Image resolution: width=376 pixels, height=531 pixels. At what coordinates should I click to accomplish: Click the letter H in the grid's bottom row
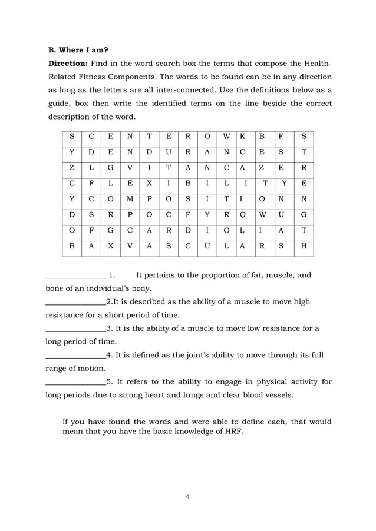pos(304,247)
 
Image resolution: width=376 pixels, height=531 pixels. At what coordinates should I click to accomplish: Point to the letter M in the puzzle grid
pos(130,199)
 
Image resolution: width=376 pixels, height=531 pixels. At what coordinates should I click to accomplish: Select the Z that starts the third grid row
pos(72,168)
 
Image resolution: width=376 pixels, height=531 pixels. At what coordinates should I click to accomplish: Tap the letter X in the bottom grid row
pos(110,247)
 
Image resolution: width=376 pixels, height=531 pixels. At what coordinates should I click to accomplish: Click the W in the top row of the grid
pos(226,137)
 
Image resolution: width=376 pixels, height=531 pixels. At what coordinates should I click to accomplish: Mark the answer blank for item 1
pos(75,276)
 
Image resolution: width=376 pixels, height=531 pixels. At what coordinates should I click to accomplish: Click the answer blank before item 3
pos(75,329)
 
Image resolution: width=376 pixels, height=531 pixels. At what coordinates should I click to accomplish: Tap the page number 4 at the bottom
pos(187,497)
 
